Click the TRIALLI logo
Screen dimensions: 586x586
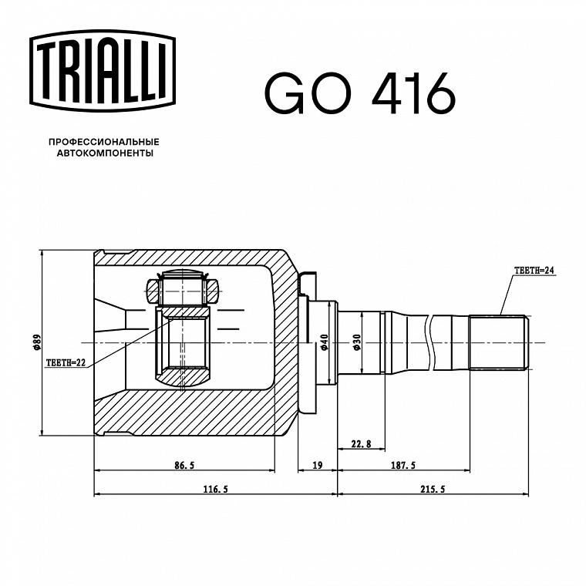pyautogui.click(x=103, y=71)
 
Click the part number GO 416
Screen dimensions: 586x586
pyautogui.click(x=360, y=93)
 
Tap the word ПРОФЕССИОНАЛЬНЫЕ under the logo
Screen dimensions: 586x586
pyautogui.click(x=104, y=142)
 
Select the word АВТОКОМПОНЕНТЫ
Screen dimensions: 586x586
pyautogui.click(x=105, y=153)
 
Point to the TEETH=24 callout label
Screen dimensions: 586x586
pyautogui.click(x=534, y=270)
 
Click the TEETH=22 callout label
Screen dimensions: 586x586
pyautogui.click(x=66, y=362)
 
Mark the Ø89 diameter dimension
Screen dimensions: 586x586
pyautogui.click(x=37, y=342)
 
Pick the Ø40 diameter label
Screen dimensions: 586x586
pyautogui.click(x=324, y=342)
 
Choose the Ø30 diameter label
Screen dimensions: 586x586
pyautogui.click(x=356, y=342)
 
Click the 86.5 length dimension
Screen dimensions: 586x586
pyautogui.click(x=184, y=465)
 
